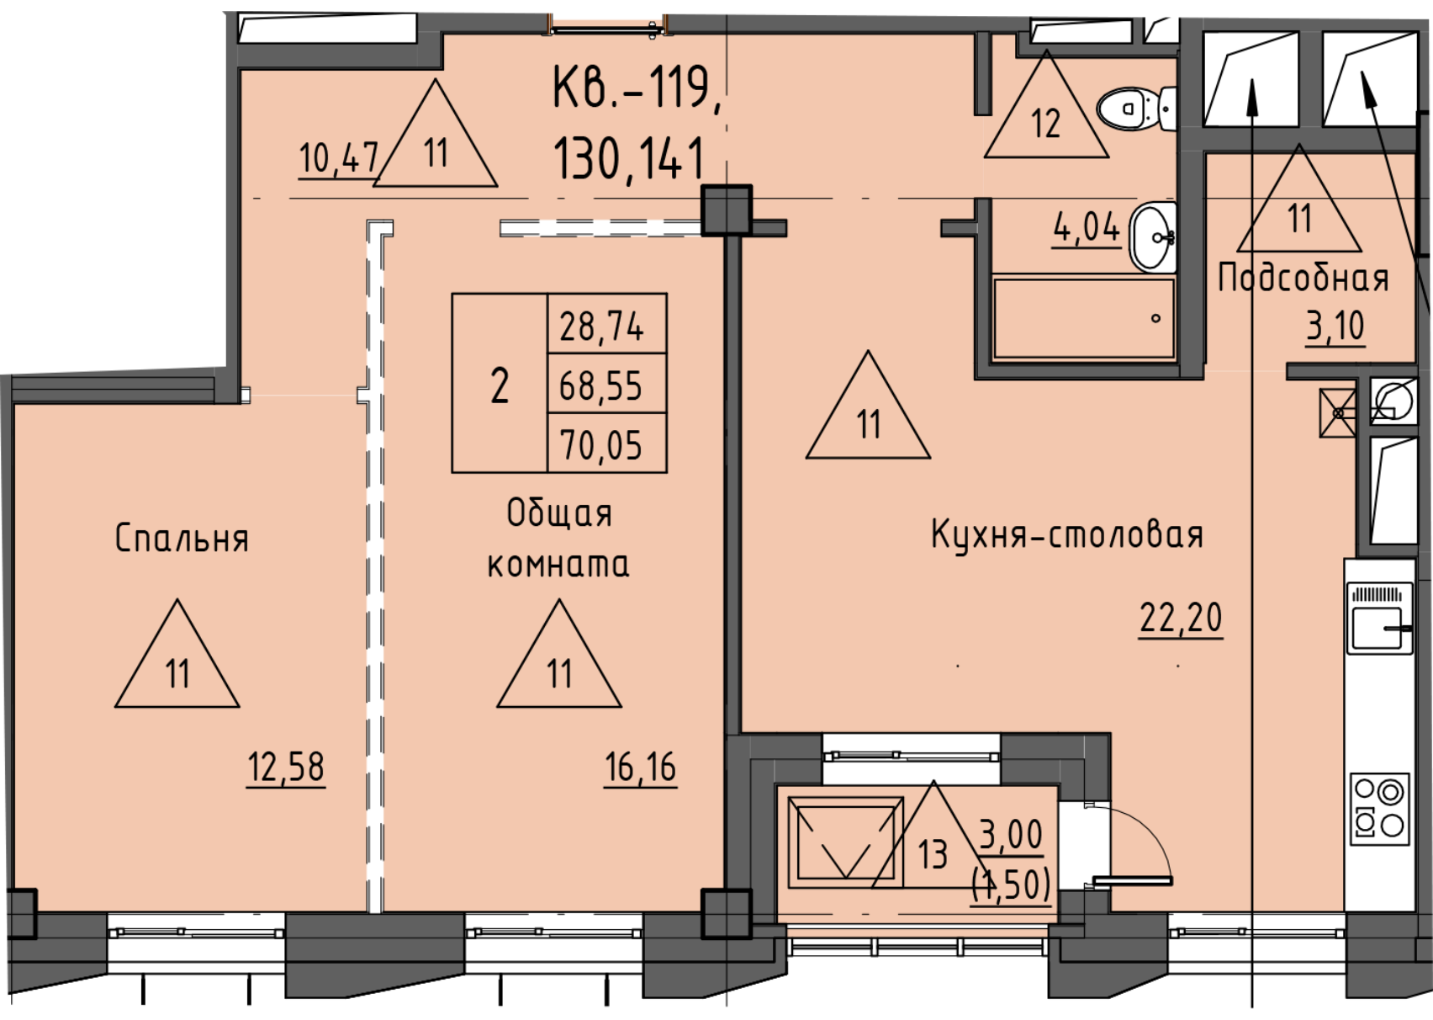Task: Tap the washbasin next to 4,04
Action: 1153,237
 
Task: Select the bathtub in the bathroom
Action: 1084,318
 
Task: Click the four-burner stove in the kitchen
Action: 1380,810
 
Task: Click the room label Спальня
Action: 182,538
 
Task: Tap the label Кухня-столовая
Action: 1066,534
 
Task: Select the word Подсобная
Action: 1303,279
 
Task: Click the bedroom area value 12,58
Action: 286,767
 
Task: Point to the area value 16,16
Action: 640,767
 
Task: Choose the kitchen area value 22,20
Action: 1181,618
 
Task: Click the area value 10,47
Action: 338,157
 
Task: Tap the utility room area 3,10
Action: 1335,326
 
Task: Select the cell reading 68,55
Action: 607,383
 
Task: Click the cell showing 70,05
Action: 607,443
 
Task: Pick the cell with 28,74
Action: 607,324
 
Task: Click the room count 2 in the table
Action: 500,383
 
